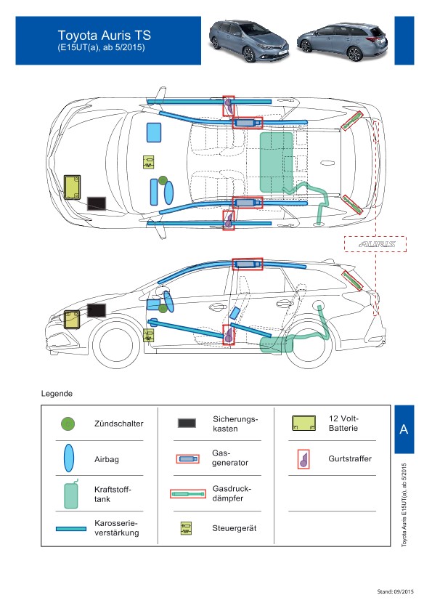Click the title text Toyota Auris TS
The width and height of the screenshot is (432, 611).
tap(105, 36)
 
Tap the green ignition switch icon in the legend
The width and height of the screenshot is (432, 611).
tap(68, 424)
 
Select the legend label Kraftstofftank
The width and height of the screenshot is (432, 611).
tap(113, 494)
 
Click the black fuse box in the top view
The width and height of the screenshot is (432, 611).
tap(97, 203)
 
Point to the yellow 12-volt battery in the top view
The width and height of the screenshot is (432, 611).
tap(72, 187)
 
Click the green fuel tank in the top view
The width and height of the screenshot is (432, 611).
tap(277, 162)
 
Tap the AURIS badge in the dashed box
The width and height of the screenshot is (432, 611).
tap(377, 244)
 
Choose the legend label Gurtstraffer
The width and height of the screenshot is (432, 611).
tap(350, 458)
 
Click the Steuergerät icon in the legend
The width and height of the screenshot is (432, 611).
tap(186, 528)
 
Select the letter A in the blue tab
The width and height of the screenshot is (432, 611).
tap(404, 429)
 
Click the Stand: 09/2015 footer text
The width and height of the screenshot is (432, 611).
tap(395, 591)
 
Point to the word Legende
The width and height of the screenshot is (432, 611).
tap(57, 394)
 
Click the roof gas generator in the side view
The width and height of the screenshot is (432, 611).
tap(248, 264)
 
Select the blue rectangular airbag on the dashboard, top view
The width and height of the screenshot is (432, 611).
tap(154, 132)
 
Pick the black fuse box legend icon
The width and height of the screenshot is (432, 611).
tap(187, 423)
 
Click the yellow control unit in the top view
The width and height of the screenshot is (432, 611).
tap(148, 162)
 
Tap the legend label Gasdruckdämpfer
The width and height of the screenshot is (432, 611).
tap(232, 493)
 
